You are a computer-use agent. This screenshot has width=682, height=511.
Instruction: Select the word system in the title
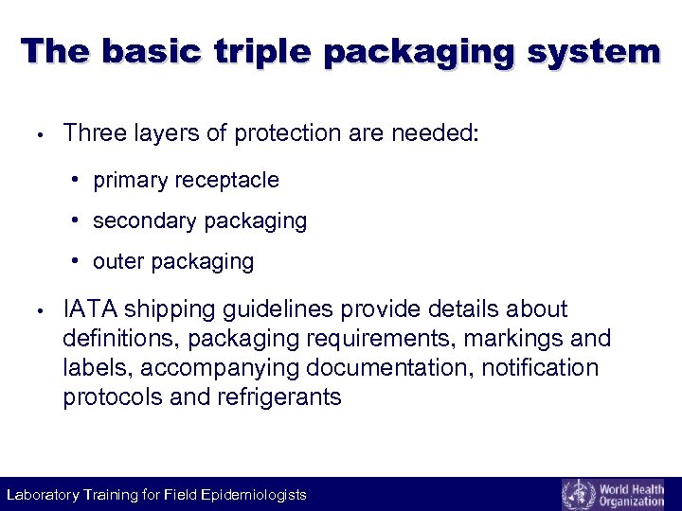pyautogui.click(x=587, y=51)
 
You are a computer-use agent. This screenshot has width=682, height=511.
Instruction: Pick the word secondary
pyautogui.click(x=139, y=220)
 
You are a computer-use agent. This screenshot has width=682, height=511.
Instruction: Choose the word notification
pyautogui.click(x=541, y=367)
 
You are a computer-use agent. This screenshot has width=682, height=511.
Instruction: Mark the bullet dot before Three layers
pyautogui.click(x=32, y=134)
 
